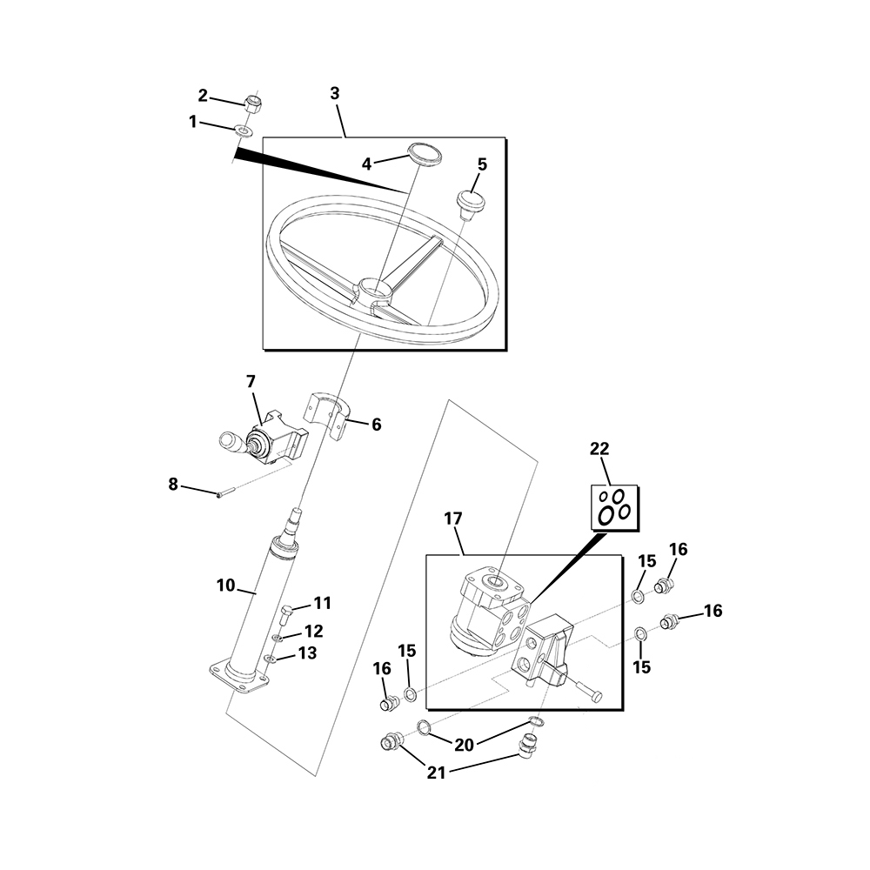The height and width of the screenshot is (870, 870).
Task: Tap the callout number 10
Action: pos(225,586)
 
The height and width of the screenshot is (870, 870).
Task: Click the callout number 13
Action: pos(307,652)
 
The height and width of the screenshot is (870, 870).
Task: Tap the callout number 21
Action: pos(437,772)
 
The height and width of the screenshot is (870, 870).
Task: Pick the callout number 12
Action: pos(313,630)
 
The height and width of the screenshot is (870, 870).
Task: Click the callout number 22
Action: pos(599,449)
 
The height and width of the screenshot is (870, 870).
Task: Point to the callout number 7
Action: pos(251,381)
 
